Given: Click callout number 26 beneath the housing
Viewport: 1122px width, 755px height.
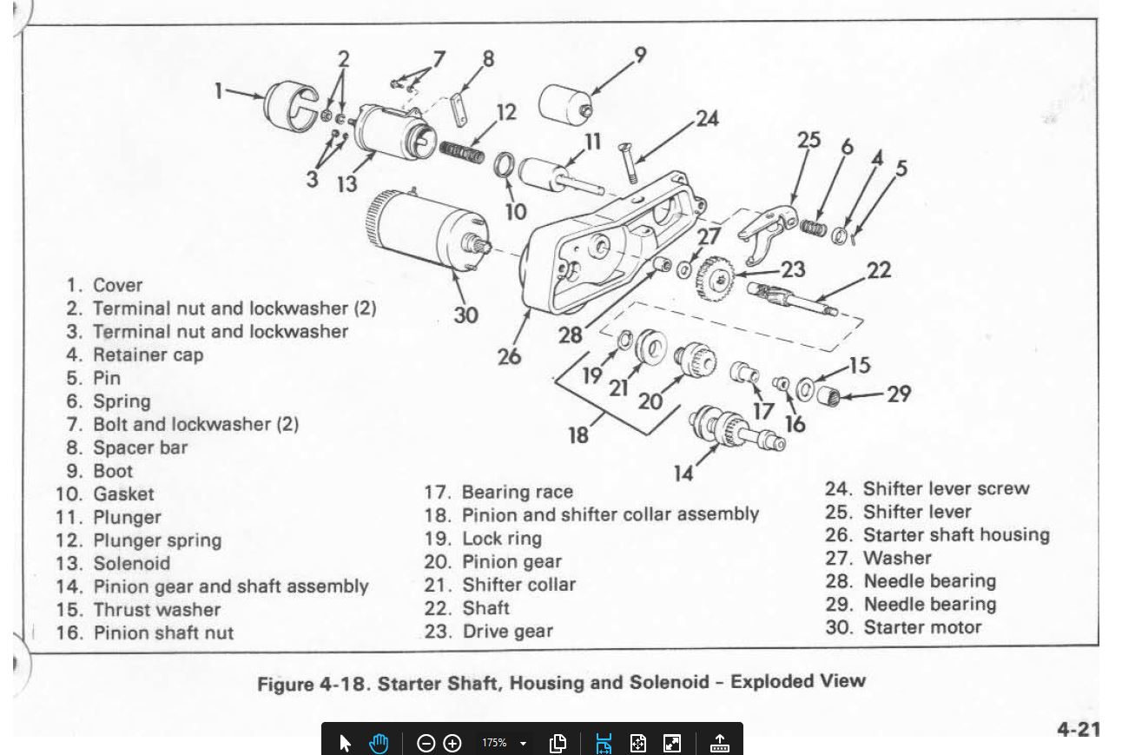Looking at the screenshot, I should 510,356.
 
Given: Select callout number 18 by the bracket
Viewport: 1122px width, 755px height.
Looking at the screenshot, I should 578,434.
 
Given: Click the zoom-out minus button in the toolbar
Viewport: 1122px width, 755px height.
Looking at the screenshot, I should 426,743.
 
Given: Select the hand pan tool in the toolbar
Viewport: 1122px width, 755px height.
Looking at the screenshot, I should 379,743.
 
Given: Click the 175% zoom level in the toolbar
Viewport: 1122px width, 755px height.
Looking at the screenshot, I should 494,743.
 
